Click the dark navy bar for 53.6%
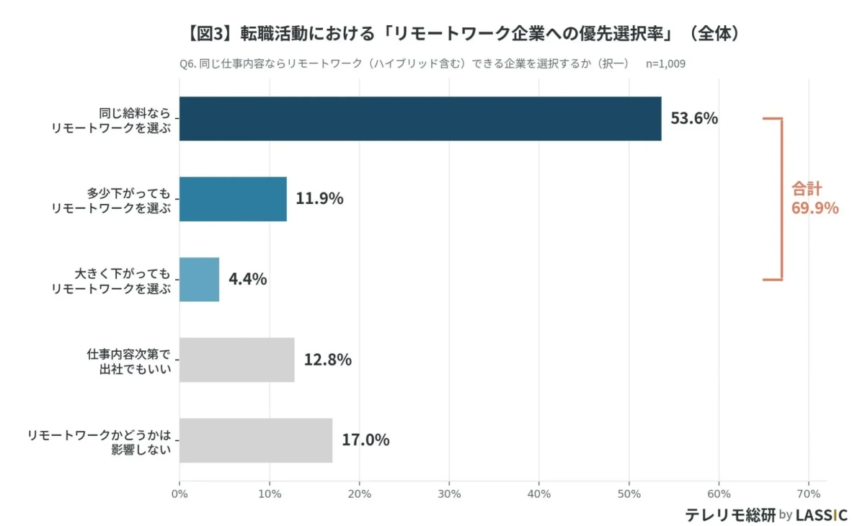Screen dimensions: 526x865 pyautogui.click(x=420, y=119)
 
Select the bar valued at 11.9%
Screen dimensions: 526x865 pyautogui.click(x=233, y=199)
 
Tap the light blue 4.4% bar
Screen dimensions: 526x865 pyautogui.click(x=199, y=280)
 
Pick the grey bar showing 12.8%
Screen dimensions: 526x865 pyautogui.click(x=236, y=360)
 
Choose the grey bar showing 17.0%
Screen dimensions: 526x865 pyautogui.click(x=256, y=440)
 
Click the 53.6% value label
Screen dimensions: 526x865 pyautogui.click(x=694, y=119)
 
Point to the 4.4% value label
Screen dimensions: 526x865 pyautogui.click(x=247, y=280)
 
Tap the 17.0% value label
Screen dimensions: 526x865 pyautogui.click(x=365, y=440)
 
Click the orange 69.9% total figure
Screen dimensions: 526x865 pyautogui.click(x=815, y=209)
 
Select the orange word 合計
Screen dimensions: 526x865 pyautogui.click(x=807, y=189)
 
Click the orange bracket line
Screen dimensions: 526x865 pyautogui.click(x=781, y=199)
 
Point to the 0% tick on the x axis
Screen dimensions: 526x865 pyautogui.click(x=179, y=494)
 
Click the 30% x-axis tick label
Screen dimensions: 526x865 pyautogui.click(x=449, y=494)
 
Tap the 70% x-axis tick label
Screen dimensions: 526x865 pyautogui.click(x=809, y=494)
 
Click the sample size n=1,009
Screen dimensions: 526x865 pyautogui.click(x=665, y=63)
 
